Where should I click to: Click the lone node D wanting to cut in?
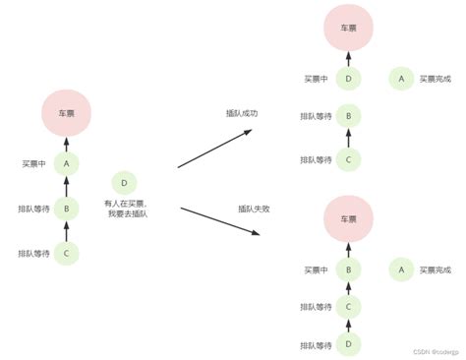124,183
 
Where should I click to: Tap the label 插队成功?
242,114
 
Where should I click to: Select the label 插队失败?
254,210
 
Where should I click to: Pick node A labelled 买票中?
66,163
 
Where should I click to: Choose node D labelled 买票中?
349,78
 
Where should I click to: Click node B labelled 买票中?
349,269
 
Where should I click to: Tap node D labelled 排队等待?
349,344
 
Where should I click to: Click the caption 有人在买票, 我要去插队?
124,210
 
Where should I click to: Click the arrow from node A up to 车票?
66,144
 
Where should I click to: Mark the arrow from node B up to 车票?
349,250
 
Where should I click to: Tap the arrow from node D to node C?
349,326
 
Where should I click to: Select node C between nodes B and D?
349,307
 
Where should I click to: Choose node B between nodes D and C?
349,116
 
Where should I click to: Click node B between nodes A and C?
66,209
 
